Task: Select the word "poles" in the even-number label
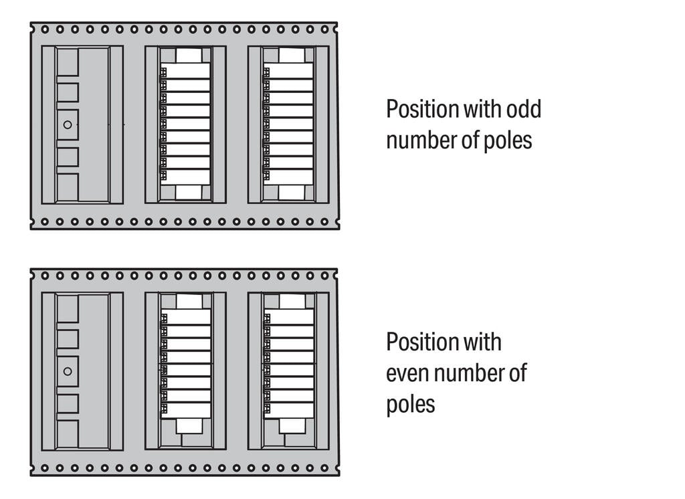(x=410, y=404)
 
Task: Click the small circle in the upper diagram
(x=67, y=124)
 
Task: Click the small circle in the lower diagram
(x=67, y=371)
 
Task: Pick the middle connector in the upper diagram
(x=185, y=124)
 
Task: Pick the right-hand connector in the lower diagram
(x=288, y=371)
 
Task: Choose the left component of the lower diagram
(x=82, y=371)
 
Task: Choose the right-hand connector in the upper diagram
(x=288, y=124)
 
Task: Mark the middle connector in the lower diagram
(x=185, y=371)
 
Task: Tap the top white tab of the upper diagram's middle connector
(x=189, y=56)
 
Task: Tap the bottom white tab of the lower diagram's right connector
(x=292, y=425)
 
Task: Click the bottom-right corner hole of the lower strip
(x=325, y=468)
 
